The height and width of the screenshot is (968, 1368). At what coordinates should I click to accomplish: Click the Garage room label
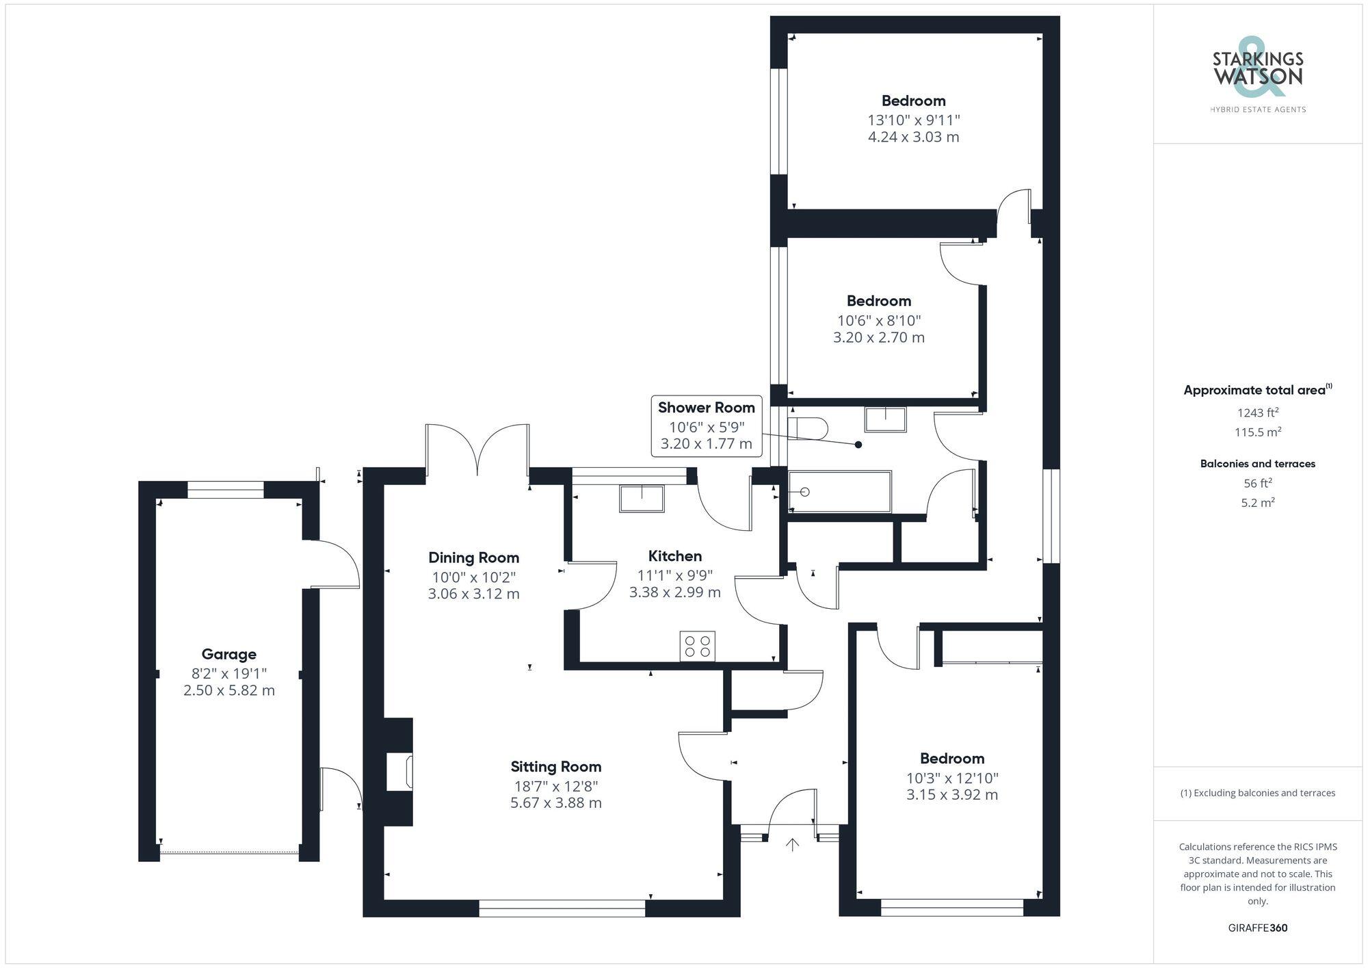point(228,654)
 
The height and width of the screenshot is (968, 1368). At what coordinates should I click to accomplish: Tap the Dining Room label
point(473,558)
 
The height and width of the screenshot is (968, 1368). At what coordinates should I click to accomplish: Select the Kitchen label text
point(675,555)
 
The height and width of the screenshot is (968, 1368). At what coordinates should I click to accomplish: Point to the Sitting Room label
point(555,766)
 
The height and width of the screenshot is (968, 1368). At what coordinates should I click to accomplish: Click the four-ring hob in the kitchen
point(697,646)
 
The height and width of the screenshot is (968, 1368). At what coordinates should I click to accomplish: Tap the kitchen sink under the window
point(642,498)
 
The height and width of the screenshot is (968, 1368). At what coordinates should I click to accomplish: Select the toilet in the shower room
point(808,429)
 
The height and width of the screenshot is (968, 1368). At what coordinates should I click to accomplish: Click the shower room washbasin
point(885,419)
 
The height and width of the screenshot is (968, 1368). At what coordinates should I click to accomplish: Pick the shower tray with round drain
point(840,491)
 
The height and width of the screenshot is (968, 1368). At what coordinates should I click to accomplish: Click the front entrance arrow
point(792,845)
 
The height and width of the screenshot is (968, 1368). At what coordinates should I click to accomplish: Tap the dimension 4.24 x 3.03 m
point(913,137)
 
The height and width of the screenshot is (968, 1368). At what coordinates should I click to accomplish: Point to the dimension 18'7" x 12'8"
point(555,786)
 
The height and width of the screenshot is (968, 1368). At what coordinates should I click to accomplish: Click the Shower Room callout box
point(706,426)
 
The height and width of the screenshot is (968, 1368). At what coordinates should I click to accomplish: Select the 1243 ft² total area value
point(1257,413)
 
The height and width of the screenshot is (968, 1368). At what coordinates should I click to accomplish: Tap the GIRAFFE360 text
point(1257,928)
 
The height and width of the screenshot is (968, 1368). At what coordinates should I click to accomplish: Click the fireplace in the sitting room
point(399,772)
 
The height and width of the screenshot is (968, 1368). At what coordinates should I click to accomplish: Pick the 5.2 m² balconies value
point(1257,503)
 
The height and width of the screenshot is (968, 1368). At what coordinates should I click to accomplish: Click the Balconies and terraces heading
point(1257,464)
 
